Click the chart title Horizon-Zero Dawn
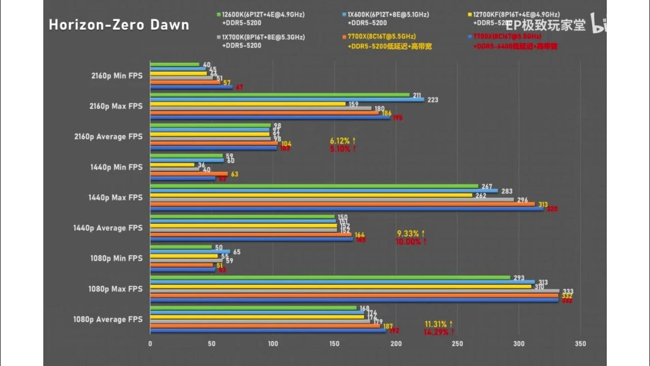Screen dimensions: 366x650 click(x=119, y=25)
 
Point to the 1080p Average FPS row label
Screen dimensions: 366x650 click(x=108, y=319)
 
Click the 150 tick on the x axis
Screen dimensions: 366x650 click(x=334, y=344)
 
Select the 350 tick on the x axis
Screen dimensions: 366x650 click(x=580, y=344)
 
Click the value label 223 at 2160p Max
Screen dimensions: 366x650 click(x=433, y=100)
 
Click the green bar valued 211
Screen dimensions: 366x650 click(x=280, y=95)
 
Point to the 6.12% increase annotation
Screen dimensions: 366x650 click(x=343, y=140)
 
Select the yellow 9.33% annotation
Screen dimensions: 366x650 click(x=411, y=233)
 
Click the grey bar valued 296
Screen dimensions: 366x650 click(x=332, y=200)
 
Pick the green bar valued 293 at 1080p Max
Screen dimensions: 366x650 click(x=330, y=278)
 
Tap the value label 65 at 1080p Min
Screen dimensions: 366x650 click(x=237, y=252)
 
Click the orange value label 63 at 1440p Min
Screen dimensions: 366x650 click(x=235, y=174)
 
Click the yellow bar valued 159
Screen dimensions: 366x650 click(x=248, y=104)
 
